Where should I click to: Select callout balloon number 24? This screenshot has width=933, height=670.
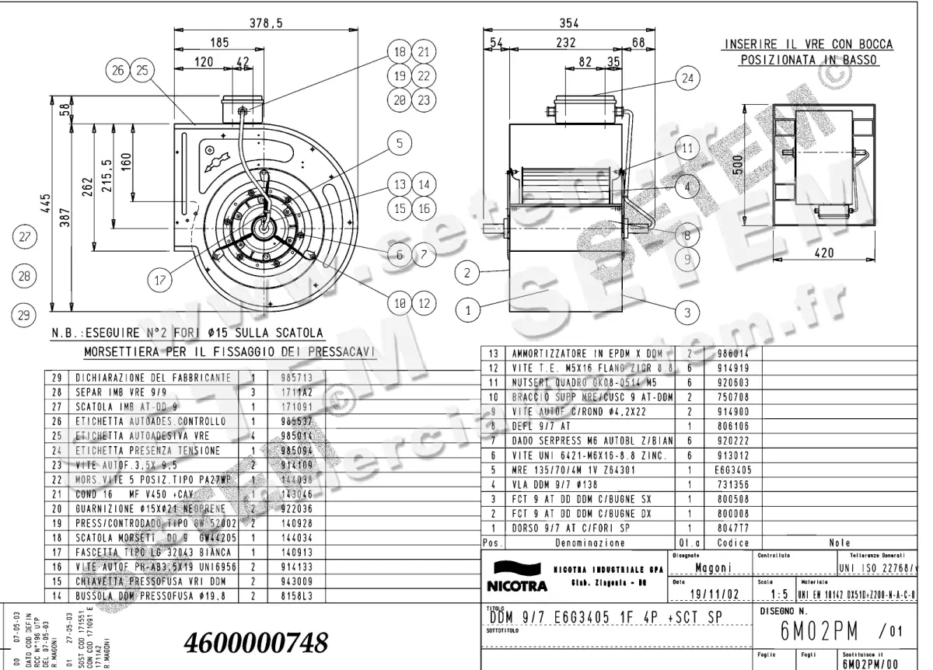click(687, 79)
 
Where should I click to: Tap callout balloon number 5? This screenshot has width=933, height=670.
click(399, 143)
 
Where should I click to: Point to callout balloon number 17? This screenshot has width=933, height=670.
click(160, 280)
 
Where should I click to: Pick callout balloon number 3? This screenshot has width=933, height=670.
click(687, 312)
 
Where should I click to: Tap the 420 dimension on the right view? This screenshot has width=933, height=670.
click(825, 253)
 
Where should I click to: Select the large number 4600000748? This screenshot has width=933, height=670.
click(256, 643)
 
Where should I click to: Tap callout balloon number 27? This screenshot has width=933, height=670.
click(26, 237)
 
